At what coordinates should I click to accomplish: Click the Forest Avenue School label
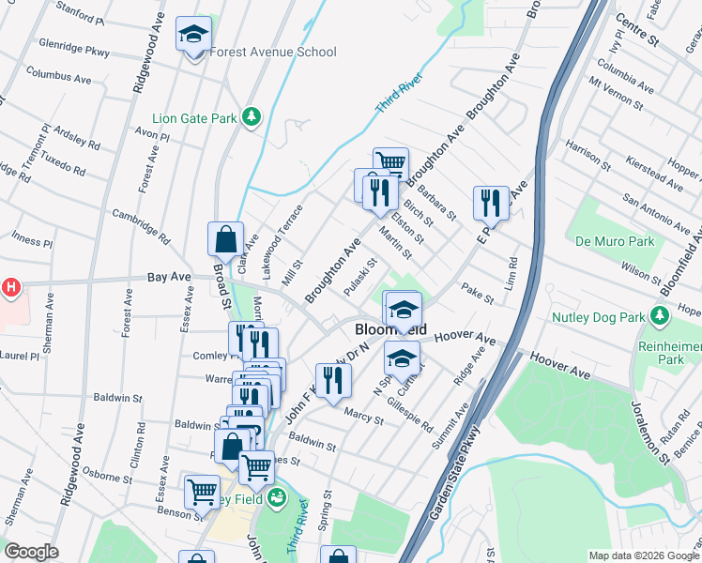pyautogui.click(x=272, y=52)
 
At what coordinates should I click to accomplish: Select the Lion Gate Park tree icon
pyautogui.click(x=251, y=116)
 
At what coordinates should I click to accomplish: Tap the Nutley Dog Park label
pyautogui.click(x=601, y=316)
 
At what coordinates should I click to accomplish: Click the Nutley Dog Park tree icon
pyautogui.click(x=663, y=314)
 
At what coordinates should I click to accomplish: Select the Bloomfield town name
pyautogui.click(x=390, y=331)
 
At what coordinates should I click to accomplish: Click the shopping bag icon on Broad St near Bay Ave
pyautogui.click(x=226, y=240)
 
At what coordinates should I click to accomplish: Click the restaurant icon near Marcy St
pyautogui.click(x=333, y=380)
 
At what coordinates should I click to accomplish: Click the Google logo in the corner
pyautogui.click(x=32, y=552)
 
